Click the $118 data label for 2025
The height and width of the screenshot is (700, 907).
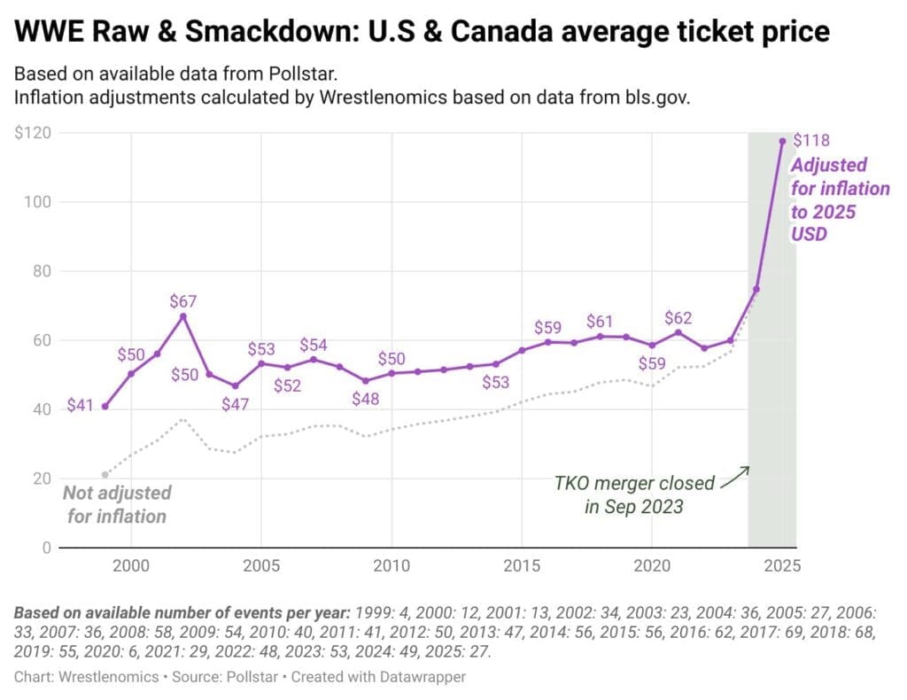coord(811,140)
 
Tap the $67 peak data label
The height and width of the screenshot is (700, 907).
coord(182,301)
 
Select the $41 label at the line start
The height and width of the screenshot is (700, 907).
coord(81,408)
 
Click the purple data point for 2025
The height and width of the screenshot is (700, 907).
coord(782,140)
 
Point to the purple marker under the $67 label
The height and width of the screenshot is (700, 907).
coord(183,316)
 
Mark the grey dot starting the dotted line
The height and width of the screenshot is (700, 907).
coord(105,475)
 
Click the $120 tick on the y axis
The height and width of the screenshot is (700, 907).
coord(33,133)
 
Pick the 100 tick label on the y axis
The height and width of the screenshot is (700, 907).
coord(37,202)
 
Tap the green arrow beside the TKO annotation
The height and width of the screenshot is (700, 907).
coord(734,476)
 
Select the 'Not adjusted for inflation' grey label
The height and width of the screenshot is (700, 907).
coord(117,503)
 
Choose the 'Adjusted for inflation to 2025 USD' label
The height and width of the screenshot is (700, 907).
coord(839,200)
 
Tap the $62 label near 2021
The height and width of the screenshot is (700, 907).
coord(678,318)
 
